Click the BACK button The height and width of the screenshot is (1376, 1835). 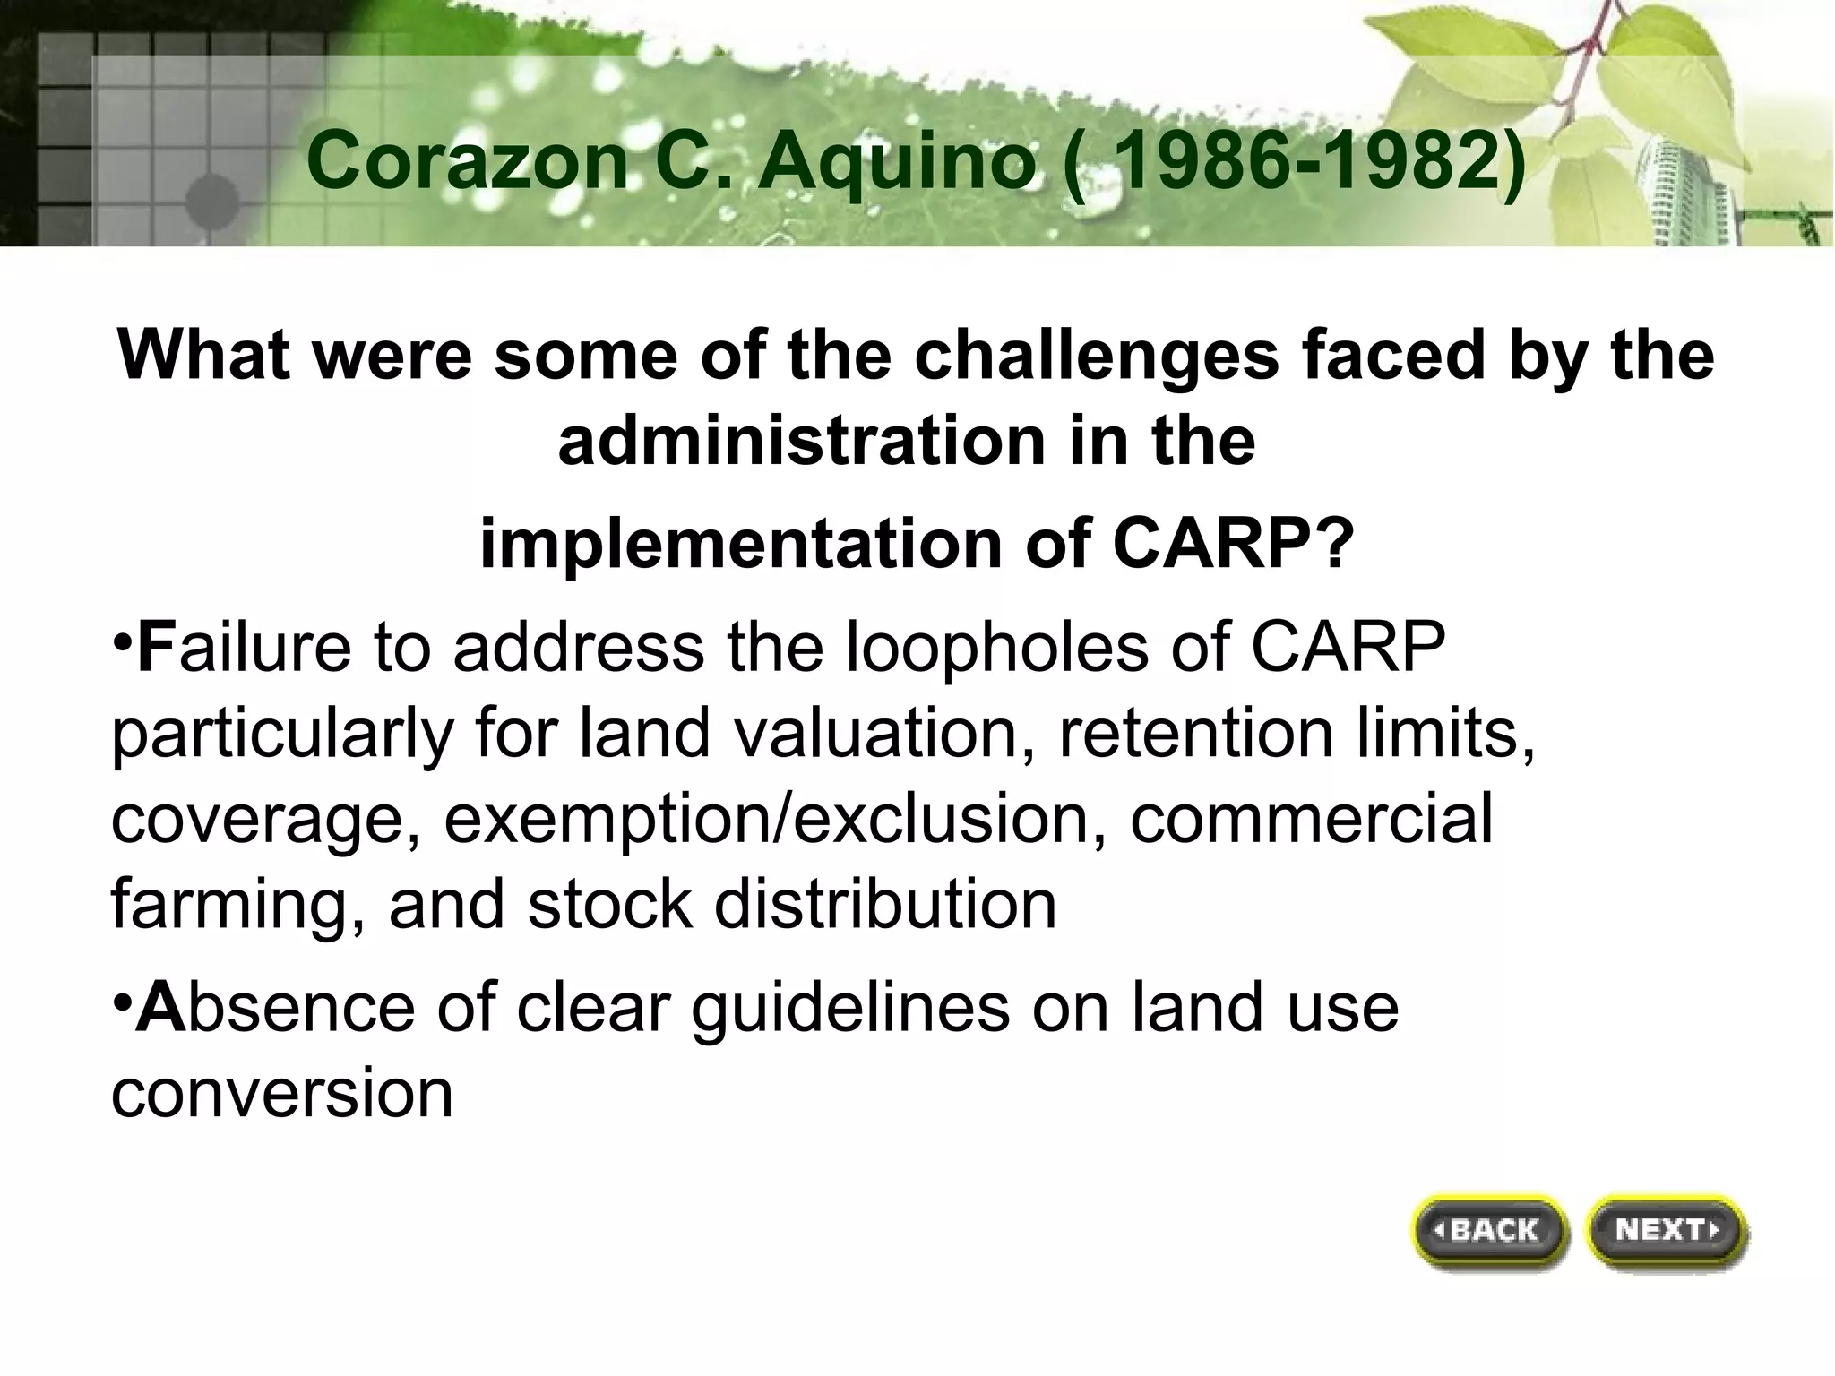click(x=1491, y=1230)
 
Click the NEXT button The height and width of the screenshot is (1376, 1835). click(x=1666, y=1230)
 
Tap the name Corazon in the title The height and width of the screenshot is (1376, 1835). click(x=466, y=161)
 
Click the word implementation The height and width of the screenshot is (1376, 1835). click(x=740, y=544)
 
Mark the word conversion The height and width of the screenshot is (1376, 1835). click(x=282, y=1093)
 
